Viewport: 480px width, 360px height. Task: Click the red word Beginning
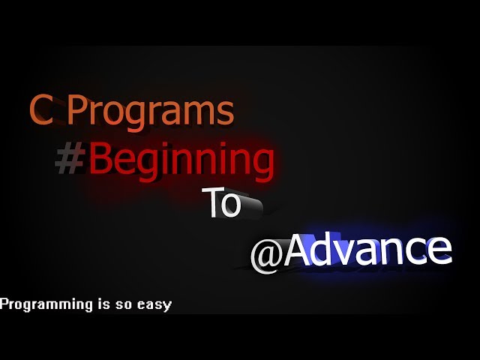click(180, 160)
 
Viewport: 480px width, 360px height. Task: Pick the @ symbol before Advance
click(265, 255)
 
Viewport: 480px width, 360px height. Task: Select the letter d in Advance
click(322, 250)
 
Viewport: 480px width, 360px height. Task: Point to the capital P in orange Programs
click(77, 110)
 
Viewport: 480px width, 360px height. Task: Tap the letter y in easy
click(168, 306)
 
